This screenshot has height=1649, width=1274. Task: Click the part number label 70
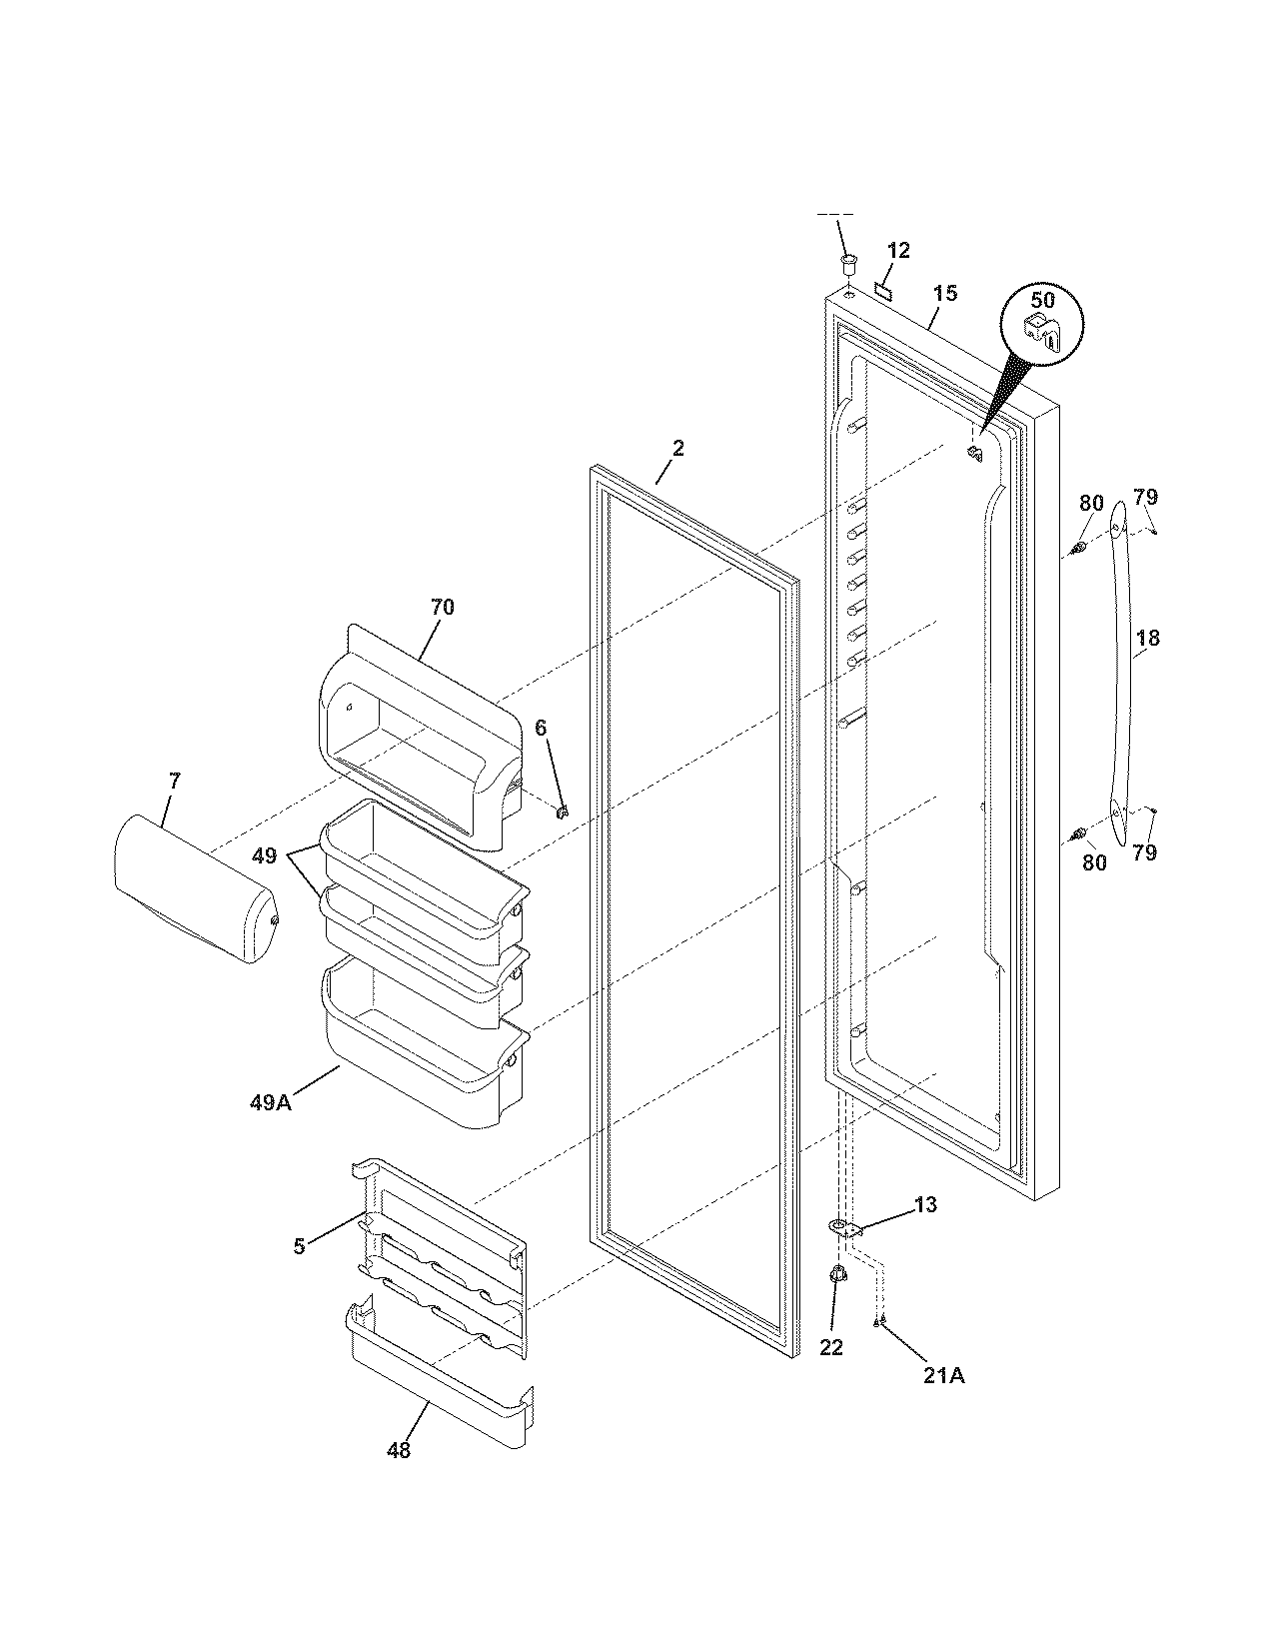pos(442,607)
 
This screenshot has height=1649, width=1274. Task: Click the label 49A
pos(270,1102)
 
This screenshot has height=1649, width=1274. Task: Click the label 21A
pos(943,1375)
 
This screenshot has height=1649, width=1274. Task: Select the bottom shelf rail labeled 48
pos(440,1384)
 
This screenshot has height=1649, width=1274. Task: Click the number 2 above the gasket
pos(677,448)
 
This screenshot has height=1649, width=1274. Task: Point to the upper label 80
pos(1091,503)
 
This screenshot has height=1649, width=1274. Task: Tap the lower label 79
pos(1145,852)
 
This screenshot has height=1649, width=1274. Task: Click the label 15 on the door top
pos(945,293)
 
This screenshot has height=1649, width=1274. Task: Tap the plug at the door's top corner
pos(848,264)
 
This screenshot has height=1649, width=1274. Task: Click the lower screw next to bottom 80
pos(1078,832)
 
